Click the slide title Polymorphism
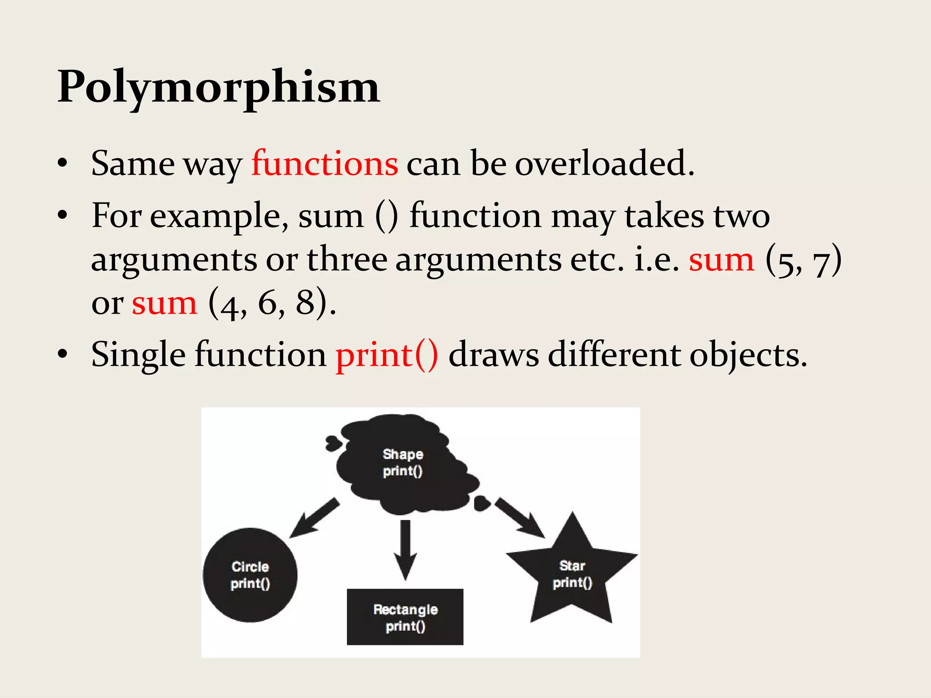click(x=218, y=87)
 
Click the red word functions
click(x=325, y=164)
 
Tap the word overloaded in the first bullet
click(x=604, y=164)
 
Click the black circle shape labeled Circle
click(x=250, y=575)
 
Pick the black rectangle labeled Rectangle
click(x=405, y=617)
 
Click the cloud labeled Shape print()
click(x=403, y=464)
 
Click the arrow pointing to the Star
click(x=520, y=518)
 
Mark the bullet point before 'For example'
click(x=63, y=215)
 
